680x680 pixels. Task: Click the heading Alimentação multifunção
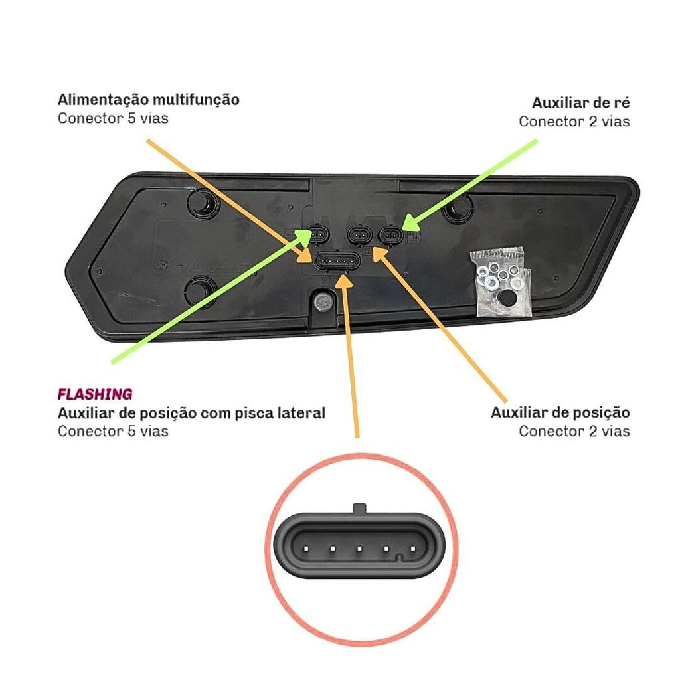(148, 100)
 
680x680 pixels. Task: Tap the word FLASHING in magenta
(95, 394)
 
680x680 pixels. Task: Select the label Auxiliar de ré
(580, 103)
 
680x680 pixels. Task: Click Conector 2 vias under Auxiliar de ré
(574, 122)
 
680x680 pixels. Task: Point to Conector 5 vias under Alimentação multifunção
(113, 118)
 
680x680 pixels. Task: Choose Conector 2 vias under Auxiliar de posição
(574, 431)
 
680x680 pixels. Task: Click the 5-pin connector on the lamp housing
(338, 262)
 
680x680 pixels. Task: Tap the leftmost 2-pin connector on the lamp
(318, 234)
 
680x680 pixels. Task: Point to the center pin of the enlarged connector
(359, 549)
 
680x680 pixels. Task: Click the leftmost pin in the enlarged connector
(306, 549)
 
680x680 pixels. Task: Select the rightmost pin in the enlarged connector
(412, 549)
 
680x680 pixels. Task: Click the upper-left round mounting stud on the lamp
(202, 201)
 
